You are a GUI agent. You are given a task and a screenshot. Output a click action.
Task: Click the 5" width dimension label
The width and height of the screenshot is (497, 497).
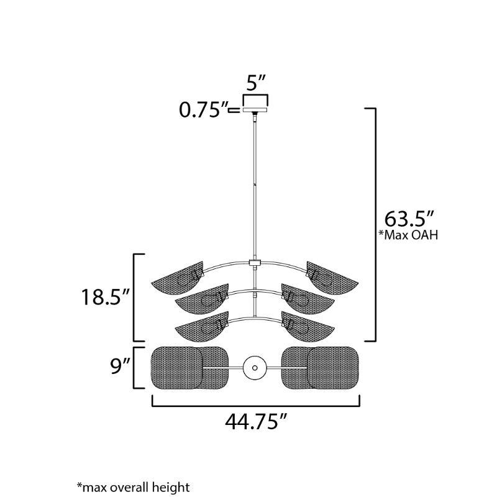[x=255, y=83]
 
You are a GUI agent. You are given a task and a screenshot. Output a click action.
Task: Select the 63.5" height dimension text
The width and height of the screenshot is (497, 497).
[x=409, y=219]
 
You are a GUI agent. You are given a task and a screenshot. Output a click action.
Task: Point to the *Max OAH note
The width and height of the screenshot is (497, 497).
[x=409, y=235]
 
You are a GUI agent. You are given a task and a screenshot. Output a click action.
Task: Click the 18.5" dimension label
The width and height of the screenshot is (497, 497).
[x=106, y=298]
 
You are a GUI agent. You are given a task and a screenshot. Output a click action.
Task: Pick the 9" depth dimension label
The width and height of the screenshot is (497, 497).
[x=121, y=366]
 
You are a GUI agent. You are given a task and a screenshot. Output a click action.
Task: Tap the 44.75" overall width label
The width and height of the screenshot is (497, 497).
[x=256, y=422]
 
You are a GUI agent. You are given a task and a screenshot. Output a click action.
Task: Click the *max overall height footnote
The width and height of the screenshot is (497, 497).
[x=133, y=487]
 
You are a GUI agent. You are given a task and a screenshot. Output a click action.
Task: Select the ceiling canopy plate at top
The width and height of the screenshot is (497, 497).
[x=255, y=110]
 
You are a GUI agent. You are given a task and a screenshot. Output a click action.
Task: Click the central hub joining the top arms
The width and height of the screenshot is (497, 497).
[x=255, y=263]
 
